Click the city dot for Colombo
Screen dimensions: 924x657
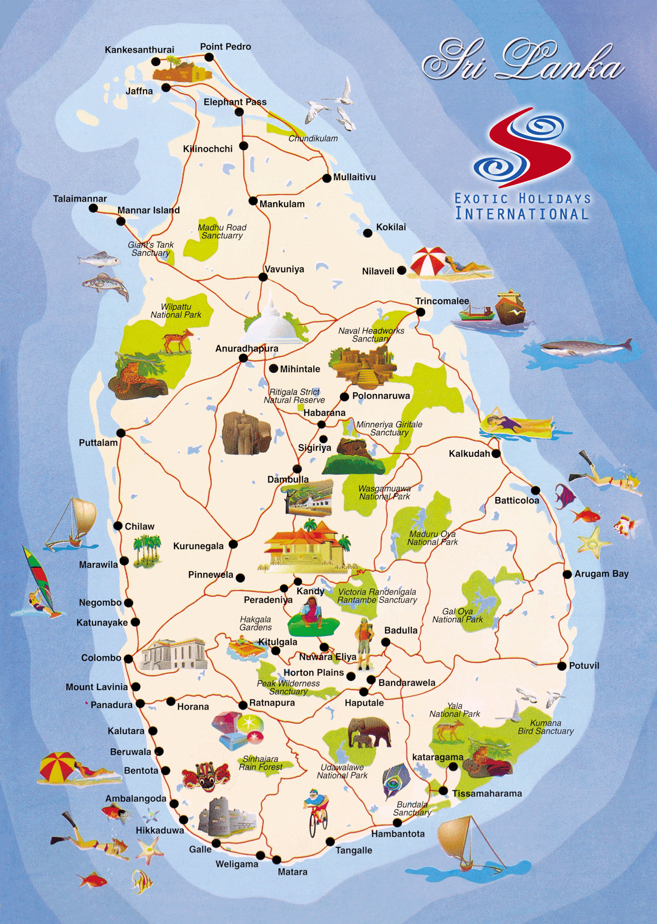point(128,658)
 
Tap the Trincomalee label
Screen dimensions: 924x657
point(442,301)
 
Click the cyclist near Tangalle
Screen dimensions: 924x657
point(316,812)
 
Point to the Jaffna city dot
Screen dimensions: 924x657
point(166,88)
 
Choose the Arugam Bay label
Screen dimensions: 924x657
point(601,574)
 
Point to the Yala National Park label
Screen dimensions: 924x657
point(455,710)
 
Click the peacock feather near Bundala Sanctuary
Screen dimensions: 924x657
point(394,781)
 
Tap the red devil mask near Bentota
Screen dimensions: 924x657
point(206,776)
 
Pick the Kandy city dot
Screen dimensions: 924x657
point(298,581)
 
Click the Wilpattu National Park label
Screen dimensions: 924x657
point(176,311)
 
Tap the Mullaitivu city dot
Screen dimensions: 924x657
point(326,178)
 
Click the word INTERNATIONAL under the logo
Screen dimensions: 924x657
point(522,214)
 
